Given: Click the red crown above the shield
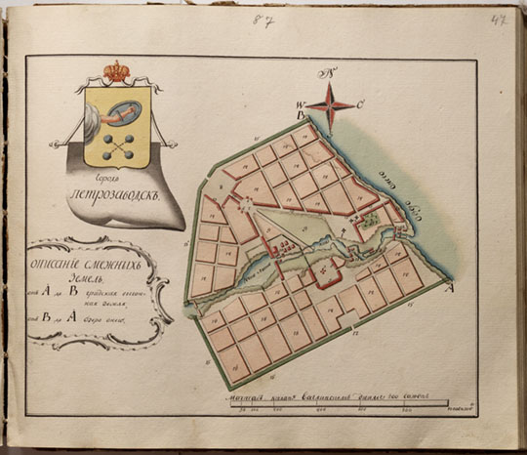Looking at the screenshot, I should pos(118,72).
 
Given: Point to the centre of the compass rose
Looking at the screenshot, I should pos(334,105).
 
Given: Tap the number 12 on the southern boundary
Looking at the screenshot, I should pos(331,337).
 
